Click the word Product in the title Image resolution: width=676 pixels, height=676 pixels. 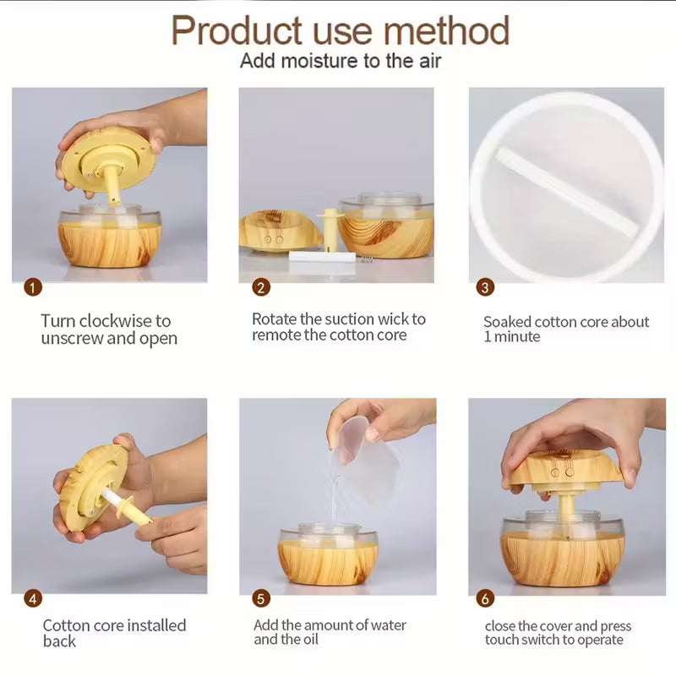[x=237, y=30]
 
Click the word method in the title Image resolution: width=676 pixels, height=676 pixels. [x=446, y=30]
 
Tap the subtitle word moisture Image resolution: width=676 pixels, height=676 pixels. [x=321, y=61]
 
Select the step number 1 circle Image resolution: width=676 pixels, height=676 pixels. [x=33, y=287]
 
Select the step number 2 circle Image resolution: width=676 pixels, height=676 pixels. [x=261, y=287]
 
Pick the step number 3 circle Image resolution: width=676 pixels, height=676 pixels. [x=485, y=287]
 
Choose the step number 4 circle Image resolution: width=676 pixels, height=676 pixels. [x=33, y=598]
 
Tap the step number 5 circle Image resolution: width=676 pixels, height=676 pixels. [x=261, y=598]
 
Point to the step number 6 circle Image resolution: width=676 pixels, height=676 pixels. [x=485, y=598]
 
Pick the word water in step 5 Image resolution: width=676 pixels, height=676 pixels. [x=386, y=624]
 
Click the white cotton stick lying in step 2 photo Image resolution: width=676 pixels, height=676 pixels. [x=322, y=257]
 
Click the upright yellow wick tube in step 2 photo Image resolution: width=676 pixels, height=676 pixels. [x=330, y=230]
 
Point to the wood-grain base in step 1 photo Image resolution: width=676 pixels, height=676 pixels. [x=110, y=244]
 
